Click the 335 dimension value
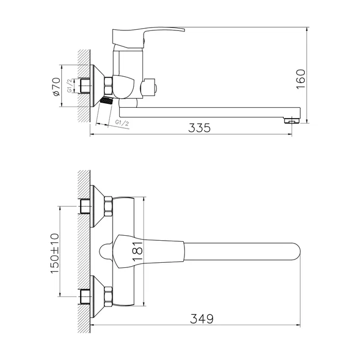[x=199, y=128]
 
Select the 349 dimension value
[x=202, y=319]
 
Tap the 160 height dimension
[x=301, y=79]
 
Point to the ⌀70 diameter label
[x=56, y=87]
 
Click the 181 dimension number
[x=137, y=251]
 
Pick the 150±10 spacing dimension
[x=55, y=253]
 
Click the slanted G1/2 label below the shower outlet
[x=122, y=123]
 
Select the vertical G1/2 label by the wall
[x=70, y=86]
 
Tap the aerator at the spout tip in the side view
[x=292, y=120]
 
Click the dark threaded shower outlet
[x=107, y=100]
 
